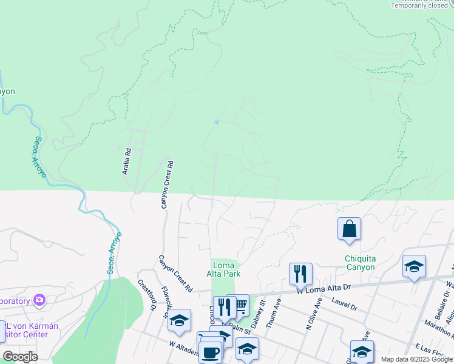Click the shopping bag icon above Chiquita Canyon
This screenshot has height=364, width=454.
pyautogui.click(x=349, y=229)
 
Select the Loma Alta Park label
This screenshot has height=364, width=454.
pyautogui.click(x=226, y=269)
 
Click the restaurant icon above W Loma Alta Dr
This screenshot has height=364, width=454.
pyautogui.click(x=300, y=274)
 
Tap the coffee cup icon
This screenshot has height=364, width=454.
pyautogui.click(x=211, y=352)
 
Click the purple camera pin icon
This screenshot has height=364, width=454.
pyautogui.click(x=40, y=300)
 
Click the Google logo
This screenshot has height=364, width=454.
pyautogui.click(x=20, y=357)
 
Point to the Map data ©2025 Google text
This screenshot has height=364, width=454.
pyautogui.click(x=416, y=359)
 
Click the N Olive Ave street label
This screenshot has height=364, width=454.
pyautogui.click(x=314, y=313)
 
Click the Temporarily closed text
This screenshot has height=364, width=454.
pyautogui.click(x=419, y=5)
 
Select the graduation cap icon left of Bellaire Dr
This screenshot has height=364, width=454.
pyautogui.click(x=414, y=266)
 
